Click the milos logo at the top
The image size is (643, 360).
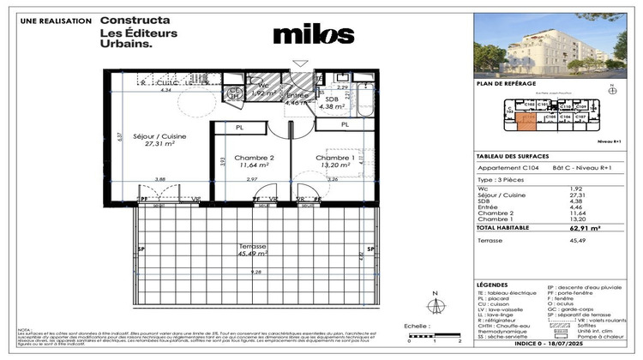pos(313,34)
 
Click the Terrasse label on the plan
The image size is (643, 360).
pos(254,246)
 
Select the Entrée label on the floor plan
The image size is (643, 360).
pos(297,96)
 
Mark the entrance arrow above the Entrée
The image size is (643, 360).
pos(300,63)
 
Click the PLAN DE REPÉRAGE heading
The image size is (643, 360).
pos(506,84)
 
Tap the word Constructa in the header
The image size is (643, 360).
pos(135,20)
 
